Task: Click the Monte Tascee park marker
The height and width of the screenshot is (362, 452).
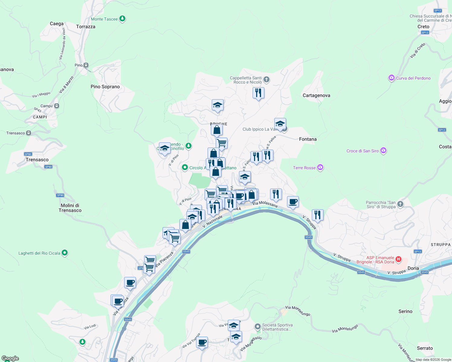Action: click(x=122, y=19)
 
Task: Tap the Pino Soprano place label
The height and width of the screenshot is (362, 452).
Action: click(x=105, y=87)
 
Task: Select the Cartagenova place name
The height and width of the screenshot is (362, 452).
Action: click(x=316, y=95)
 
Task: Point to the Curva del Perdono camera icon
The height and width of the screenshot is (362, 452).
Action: click(x=392, y=78)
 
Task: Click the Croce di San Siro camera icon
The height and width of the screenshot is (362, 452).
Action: click(x=383, y=151)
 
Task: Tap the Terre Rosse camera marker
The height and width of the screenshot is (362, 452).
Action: click(x=320, y=167)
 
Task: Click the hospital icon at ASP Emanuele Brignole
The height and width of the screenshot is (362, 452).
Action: click(x=399, y=259)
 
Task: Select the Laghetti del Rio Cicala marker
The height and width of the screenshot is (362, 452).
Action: click(x=65, y=253)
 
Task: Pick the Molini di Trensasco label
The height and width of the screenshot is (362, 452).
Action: click(x=70, y=208)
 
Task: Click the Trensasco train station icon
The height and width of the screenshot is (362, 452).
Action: click(x=29, y=133)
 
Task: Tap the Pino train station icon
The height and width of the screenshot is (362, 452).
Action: click(x=86, y=65)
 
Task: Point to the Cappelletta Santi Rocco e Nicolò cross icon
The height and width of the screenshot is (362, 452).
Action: click(x=266, y=80)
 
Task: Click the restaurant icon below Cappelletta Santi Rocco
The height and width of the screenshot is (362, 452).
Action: click(x=258, y=93)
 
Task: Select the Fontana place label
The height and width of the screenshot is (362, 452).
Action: click(x=308, y=139)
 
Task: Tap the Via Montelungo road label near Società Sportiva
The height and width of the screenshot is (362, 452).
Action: click(x=298, y=311)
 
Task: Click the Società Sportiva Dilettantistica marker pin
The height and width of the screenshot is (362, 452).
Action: click(x=257, y=326)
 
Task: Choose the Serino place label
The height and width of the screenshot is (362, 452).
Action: click(x=405, y=311)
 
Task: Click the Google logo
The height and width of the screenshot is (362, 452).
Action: click(x=10, y=358)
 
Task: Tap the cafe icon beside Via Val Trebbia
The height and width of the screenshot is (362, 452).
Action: click(x=202, y=342)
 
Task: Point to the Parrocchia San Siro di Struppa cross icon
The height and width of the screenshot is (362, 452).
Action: click(x=400, y=204)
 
